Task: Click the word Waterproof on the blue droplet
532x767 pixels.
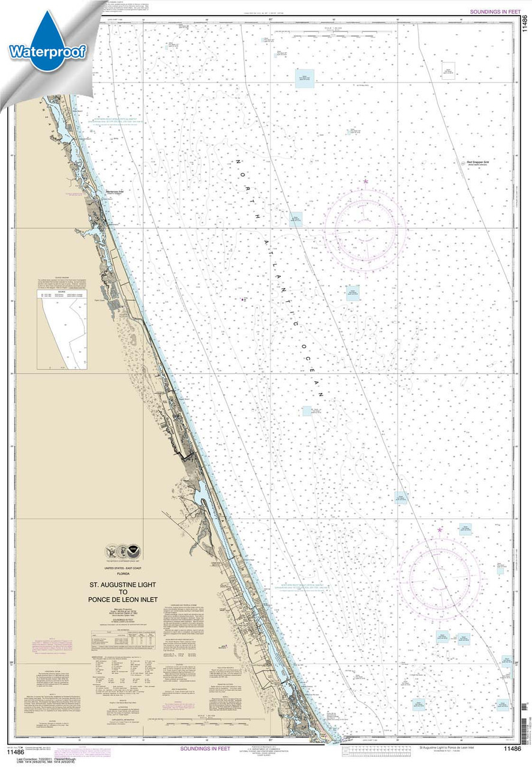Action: (47, 52)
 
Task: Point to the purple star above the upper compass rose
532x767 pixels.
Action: (365, 181)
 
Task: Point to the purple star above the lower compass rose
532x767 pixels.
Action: (440, 530)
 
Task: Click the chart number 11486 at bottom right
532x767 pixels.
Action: (512, 748)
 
